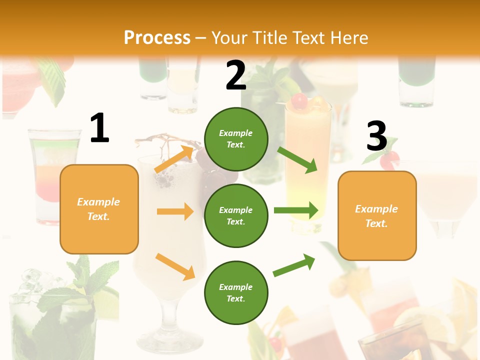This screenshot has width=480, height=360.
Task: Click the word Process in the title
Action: (157, 38)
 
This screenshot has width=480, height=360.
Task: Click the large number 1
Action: (99, 128)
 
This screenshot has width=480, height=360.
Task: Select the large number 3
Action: (376, 136)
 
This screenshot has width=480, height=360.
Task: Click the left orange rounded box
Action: (99, 209)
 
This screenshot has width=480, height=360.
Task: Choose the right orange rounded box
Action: (377, 216)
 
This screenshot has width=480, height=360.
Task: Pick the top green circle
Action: (236, 139)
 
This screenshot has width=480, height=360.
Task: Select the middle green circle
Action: (236, 216)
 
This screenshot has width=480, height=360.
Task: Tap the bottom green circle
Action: (236, 293)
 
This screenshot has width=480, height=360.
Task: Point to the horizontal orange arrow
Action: (175, 211)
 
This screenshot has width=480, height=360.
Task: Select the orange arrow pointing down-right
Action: (175, 266)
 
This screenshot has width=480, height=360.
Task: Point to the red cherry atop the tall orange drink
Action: (299, 100)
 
